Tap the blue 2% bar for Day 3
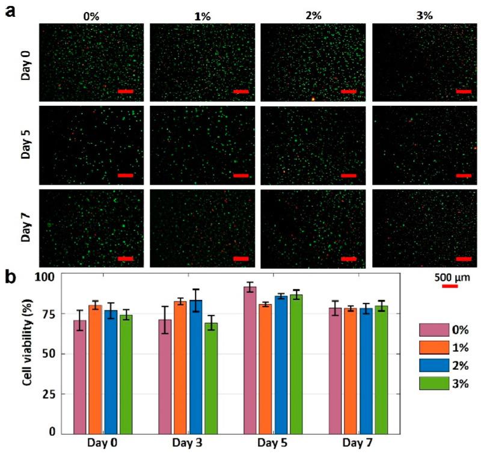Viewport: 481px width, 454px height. click(x=195, y=366)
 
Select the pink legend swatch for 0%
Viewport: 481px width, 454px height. click(x=434, y=330)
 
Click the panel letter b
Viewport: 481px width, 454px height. click(x=10, y=278)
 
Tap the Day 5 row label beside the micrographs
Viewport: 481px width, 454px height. click(x=25, y=145)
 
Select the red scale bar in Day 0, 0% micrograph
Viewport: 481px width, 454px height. click(x=125, y=91)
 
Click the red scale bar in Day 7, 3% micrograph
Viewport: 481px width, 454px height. click(x=464, y=259)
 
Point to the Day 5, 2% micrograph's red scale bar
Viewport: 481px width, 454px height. click(x=349, y=176)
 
